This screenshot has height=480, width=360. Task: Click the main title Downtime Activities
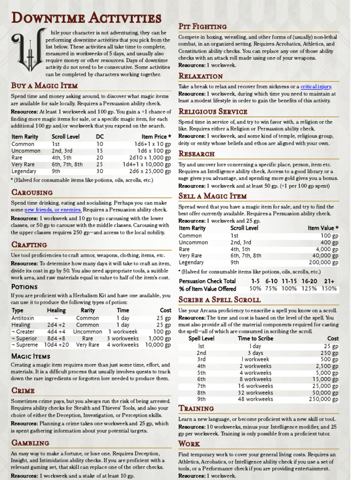coord(86,19)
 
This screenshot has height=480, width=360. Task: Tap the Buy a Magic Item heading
coord(45,85)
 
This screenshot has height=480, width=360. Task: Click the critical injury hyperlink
coord(316,87)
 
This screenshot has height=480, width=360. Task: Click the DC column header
coord(99,137)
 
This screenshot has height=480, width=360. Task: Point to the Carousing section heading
coord(32,192)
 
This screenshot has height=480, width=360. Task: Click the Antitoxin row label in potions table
coord(22,318)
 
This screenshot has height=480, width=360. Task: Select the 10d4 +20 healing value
coord(56,345)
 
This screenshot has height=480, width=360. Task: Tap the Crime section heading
coord(23,390)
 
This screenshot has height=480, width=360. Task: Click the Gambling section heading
coord(30,443)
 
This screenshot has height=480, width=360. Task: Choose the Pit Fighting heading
coord(202,27)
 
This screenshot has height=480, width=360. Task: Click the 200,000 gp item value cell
coord(323,262)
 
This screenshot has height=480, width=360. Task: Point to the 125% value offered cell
coord(308,289)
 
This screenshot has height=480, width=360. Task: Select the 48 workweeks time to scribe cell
coord(255,399)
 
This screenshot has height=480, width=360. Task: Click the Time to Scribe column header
coord(255,338)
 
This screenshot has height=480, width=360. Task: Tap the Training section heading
coord(196,408)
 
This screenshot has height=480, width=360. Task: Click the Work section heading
coord(189,443)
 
